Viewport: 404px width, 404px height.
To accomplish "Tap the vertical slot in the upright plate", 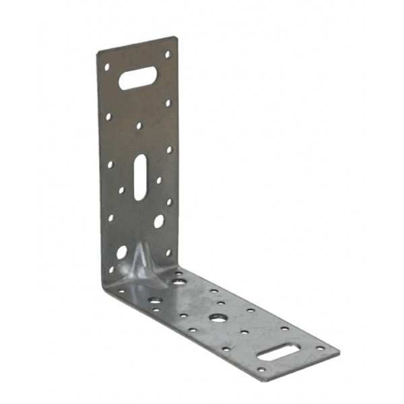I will tap(139, 176).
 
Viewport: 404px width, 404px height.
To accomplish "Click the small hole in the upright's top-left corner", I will tap(106, 67).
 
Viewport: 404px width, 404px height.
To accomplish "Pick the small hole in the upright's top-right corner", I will tap(168, 54).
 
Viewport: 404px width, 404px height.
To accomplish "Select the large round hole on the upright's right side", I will tap(159, 221).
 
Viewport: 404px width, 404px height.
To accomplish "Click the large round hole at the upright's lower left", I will tap(122, 252).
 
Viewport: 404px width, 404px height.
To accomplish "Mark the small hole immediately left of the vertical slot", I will tap(122, 191).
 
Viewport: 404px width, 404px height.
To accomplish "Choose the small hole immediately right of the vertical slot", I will tap(159, 180).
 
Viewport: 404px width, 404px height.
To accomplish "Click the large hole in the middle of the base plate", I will tap(217, 316).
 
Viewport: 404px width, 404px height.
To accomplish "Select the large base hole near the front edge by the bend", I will tap(155, 300).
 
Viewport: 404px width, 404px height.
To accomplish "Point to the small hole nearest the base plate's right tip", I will tap(319, 348).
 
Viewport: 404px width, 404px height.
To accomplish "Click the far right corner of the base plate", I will tap(339, 351).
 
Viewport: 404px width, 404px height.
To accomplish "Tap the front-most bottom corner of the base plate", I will tap(257, 379).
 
